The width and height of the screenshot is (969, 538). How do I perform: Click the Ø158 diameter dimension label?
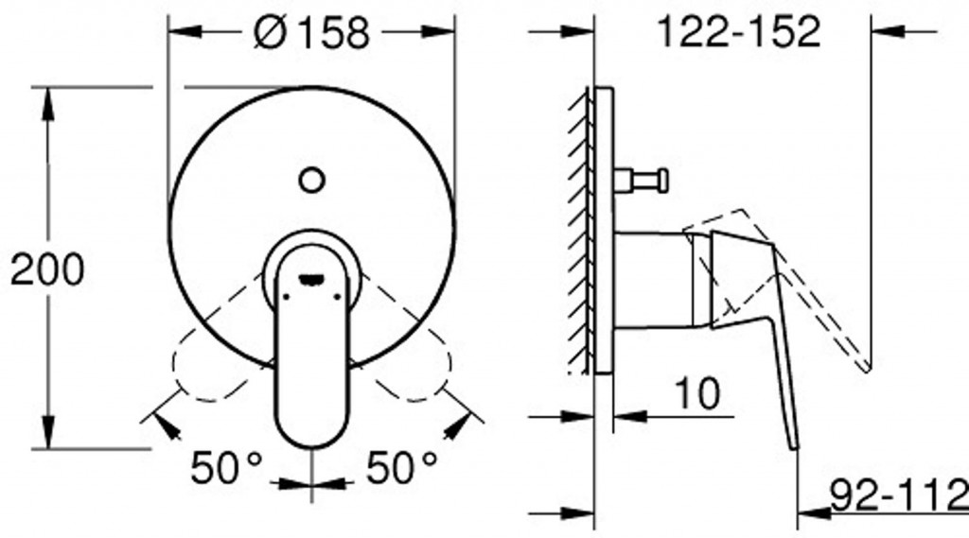click(x=311, y=33)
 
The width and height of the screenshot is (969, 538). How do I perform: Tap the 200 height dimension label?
click(x=47, y=269)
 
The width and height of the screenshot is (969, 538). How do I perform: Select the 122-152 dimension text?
click(x=739, y=31)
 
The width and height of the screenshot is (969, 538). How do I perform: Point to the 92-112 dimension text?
click(x=900, y=495)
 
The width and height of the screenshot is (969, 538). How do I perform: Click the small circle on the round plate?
click(x=311, y=181)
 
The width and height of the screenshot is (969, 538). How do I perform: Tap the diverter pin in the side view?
click(x=642, y=181)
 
